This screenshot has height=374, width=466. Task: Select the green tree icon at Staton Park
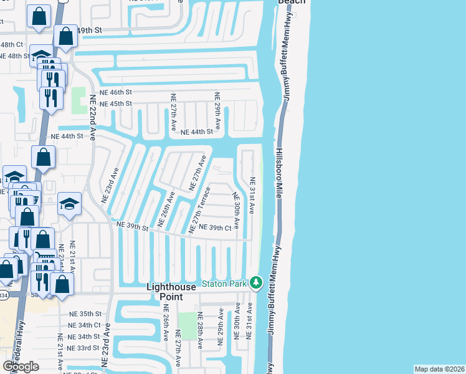(x=255, y=283)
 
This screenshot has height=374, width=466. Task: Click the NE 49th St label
(x=88, y=30)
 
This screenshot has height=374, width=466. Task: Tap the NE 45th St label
(x=116, y=103)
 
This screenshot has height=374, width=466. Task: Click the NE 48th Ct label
(x=12, y=45)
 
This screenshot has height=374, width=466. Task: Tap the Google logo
(x=21, y=367)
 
